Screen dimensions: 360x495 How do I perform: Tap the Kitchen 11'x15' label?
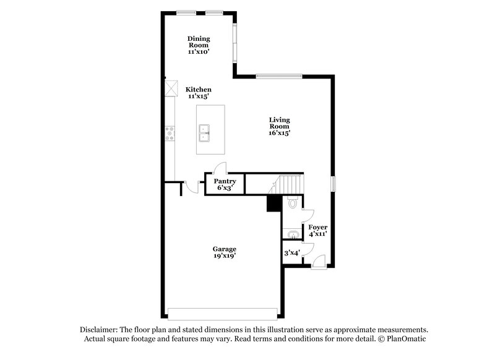coord(199,93)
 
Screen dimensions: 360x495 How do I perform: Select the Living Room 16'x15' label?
coord(279,126)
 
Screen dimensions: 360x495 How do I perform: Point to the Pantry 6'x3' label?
coord(225,184)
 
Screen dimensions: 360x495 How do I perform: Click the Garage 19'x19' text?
coord(225,252)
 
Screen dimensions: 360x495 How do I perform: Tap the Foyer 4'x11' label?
coord(317,231)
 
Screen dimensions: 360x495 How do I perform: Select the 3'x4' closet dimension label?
coord(291,252)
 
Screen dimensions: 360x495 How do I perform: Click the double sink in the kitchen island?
coord(206,132)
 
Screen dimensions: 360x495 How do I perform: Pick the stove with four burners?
coord(169,133)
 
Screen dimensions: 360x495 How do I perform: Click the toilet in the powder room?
coord(293,202)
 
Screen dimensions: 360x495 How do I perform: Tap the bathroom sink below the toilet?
coord(291,234)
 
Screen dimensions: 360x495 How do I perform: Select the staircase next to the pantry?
coord(288,184)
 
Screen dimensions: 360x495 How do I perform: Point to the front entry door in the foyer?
coord(317,264)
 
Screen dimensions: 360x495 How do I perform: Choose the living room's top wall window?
coord(279,76)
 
